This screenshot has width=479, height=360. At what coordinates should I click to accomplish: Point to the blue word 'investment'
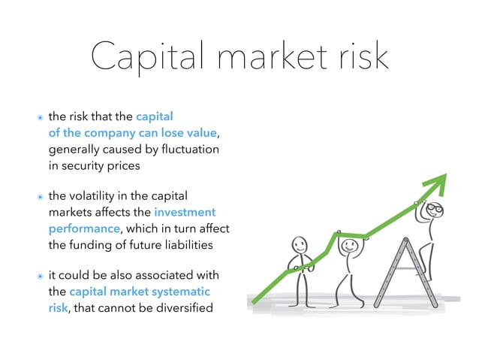tap(185, 213)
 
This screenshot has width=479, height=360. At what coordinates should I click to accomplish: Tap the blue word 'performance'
tap(83, 228)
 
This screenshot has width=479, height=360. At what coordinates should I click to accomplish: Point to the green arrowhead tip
tap(446, 174)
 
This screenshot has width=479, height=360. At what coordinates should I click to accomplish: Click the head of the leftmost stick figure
tap(299, 246)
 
